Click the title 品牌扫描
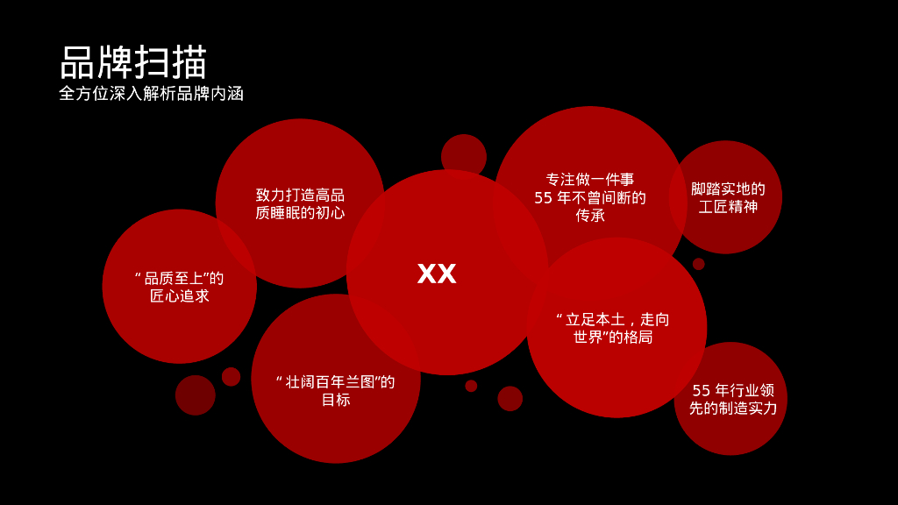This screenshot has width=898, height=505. (x=133, y=62)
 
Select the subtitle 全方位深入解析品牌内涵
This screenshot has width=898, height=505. (x=151, y=94)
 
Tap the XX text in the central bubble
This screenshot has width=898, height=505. (x=437, y=274)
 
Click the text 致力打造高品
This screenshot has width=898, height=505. (x=300, y=195)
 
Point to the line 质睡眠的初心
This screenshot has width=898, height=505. (x=300, y=213)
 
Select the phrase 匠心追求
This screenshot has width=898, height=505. (x=180, y=296)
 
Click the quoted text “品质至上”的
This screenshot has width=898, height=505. (x=179, y=278)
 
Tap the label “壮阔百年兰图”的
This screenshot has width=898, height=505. (x=335, y=382)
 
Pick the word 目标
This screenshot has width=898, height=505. (x=335, y=400)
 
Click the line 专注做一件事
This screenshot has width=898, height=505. (x=590, y=179)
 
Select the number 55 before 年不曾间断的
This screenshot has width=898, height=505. (x=544, y=198)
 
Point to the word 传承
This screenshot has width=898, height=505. (x=590, y=216)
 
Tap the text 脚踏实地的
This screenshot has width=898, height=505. (x=728, y=188)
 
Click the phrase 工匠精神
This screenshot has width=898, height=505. (x=728, y=207)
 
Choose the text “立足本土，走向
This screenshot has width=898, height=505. (x=613, y=319)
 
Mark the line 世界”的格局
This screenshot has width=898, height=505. (x=613, y=338)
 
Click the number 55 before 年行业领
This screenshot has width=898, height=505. (x=702, y=390)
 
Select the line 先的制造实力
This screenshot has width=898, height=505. (x=733, y=409)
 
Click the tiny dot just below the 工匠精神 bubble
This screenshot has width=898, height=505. (x=698, y=264)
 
